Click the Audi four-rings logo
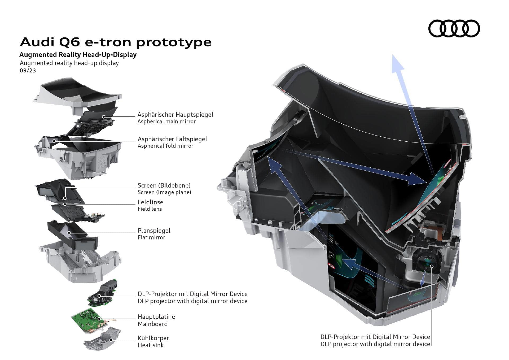click(454, 28)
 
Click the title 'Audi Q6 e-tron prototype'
click(116, 42)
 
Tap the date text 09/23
click(28, 71)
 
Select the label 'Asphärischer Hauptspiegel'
click(175, 115)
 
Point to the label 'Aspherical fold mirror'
click(165, 146)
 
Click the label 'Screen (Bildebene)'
click(164, 185)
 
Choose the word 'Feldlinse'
click(150, 202)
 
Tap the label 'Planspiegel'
click(154, 231)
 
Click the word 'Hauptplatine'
click(156, 317)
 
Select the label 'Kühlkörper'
click(153, 338)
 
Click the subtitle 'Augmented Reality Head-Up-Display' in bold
click(78, 55)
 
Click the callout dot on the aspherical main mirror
click(103, 116)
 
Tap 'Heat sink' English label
click(151, 345)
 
